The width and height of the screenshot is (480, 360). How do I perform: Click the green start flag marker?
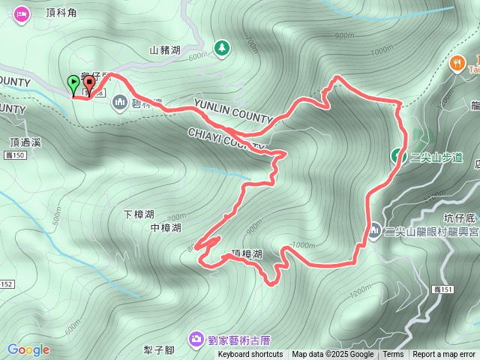(x=73, y=83)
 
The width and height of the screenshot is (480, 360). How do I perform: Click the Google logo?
(x=28, y=349)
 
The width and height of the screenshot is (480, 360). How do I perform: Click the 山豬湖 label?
(x=165, y=50)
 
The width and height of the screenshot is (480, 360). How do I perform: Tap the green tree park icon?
(x=222, y=49)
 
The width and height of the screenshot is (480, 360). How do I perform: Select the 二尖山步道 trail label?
(x=436, y=157)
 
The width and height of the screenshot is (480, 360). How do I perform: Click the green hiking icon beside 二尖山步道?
(x=397, y=156)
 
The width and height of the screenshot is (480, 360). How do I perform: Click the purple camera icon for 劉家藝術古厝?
(x=196, y=339)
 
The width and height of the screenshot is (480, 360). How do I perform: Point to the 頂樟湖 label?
(x=247, y=254)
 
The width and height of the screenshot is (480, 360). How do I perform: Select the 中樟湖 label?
(x=166, y=227)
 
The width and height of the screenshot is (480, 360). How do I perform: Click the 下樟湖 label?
(x=139, y=214)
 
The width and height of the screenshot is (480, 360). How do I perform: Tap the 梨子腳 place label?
(x=158, y=350)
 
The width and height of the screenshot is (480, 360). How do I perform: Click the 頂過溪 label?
(x=25, y=141)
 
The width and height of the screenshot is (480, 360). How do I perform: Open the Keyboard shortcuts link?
(x=250, y=355)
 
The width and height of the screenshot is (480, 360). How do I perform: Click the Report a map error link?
(x=443, y=355)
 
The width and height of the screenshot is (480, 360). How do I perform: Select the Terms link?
(x=393, y=355)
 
